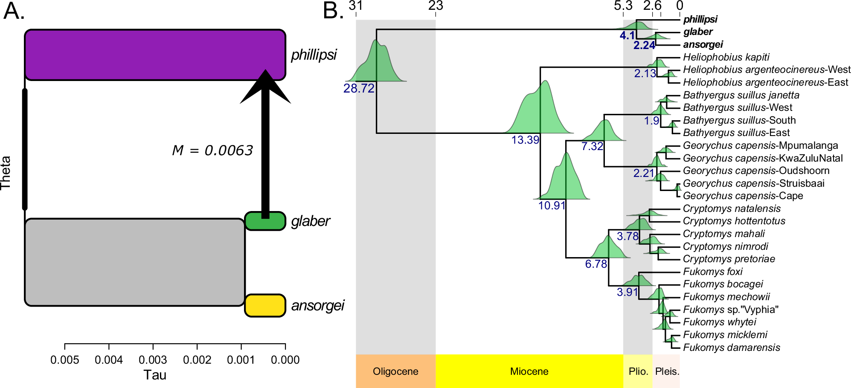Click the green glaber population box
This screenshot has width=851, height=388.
click(x=265, y=221)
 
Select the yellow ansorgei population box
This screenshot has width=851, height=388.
click(x=265, y=305)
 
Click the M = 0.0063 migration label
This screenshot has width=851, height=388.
click(x=212, y=150)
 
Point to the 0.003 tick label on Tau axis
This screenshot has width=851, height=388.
click(x=153, y=360)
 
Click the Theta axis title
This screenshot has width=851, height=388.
click(x=6, y=173)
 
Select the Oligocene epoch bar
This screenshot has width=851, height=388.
click(x=395, y=371)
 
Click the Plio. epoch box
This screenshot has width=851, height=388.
click(x=638, y=371)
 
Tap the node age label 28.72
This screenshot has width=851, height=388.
click(x=359, y=88)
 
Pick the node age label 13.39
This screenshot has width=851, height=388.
click(x=525, y=140)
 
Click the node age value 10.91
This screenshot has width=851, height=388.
click(x=552, y=206)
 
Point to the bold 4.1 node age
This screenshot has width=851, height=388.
click(x=627, y=35)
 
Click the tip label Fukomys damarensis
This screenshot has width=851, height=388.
click(x=731, y=347)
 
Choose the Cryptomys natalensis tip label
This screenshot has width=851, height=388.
click(x=732, y=208)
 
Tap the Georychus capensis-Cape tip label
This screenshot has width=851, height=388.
click(x=743, y=196)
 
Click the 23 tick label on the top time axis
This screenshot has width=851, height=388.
click(x=436, y=6)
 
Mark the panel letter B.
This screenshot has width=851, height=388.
click(x=333, y=11)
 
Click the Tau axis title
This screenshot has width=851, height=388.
click(x=154, y=375)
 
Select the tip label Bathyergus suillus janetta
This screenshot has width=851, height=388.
click(x=741, y=95)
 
